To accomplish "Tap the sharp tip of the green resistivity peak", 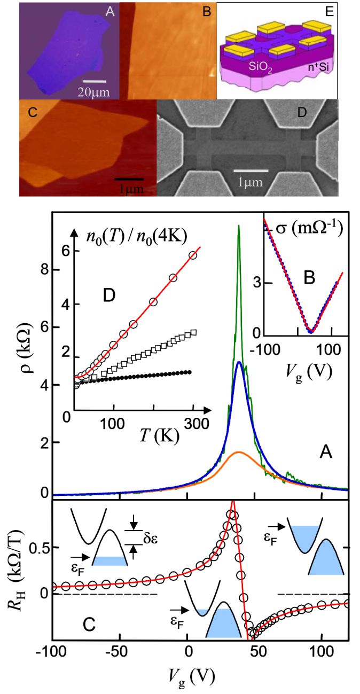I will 238,226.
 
